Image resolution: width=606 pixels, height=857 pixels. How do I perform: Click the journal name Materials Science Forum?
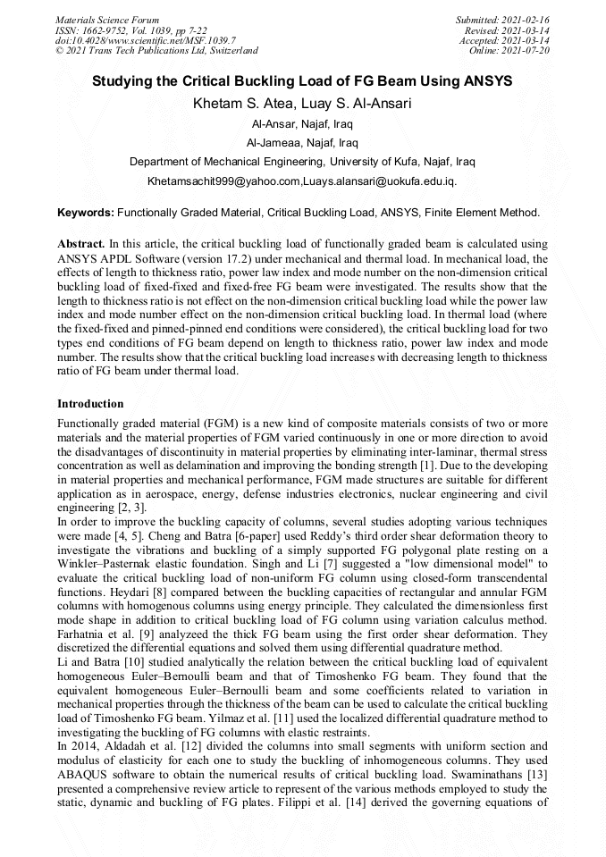coord(107,19)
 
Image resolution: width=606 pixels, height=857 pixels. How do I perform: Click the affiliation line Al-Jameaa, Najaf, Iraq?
coord(302,143)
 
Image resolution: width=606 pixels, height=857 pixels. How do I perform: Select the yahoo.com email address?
coord(223,181)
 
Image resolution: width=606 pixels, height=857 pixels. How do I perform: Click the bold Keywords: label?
coord(86,214)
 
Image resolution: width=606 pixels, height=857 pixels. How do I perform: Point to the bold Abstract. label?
coord(81,244)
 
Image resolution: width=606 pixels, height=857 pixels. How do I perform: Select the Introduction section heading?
coord(90,404)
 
